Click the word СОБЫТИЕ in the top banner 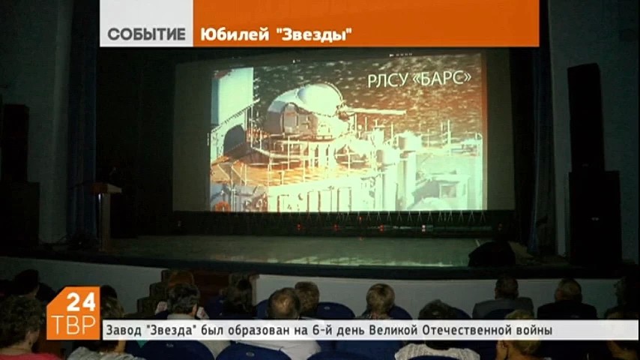tap(146, 34)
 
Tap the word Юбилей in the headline tap(229, 34)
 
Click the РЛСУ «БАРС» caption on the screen tap(419, 79)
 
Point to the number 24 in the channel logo tap(81, 302)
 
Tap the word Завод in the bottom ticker tap(121, 330)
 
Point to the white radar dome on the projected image tap(314, 100)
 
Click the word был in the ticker tap(217, 330)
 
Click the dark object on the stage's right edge tap(495, 253)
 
